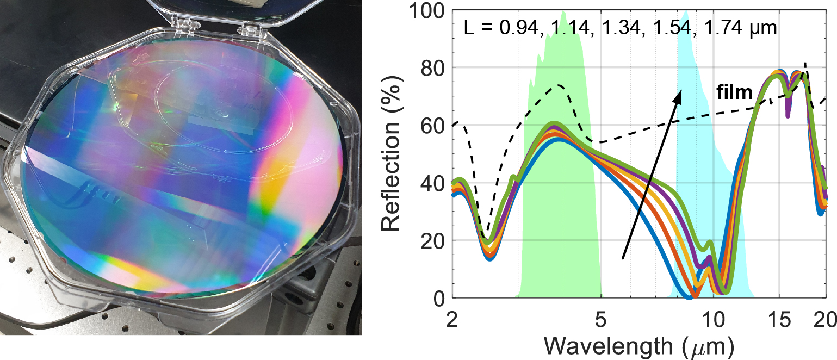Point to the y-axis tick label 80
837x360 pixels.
click(433, 68)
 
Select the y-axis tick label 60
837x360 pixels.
click(433, 126)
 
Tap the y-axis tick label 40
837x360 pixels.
click(433, 183)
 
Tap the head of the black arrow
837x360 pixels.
click(680, 92)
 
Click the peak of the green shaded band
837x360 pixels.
click(563, 11)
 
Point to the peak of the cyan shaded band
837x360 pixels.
click(686, 11)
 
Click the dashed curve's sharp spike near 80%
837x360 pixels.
click(806, 63)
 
